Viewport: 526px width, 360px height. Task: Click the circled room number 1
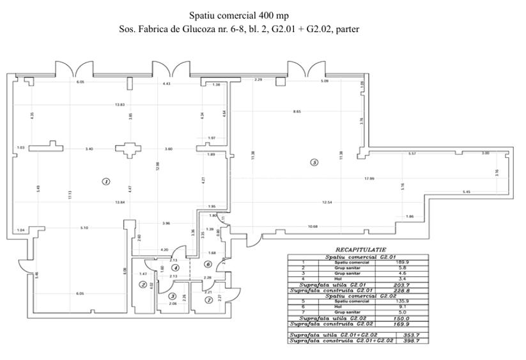tap(106, 182)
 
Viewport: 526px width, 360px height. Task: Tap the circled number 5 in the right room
tap(314, 162)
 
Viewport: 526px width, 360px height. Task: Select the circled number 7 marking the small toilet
tap(208, 300)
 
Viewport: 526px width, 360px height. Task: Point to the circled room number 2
tap(143, 285)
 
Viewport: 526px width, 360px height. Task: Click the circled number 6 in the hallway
tap(208, 264)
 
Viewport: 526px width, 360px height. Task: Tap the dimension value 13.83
tap(120, 104)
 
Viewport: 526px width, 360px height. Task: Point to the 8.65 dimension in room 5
tap(297, 112)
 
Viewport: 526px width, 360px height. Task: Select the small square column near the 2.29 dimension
tap(279, 82)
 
